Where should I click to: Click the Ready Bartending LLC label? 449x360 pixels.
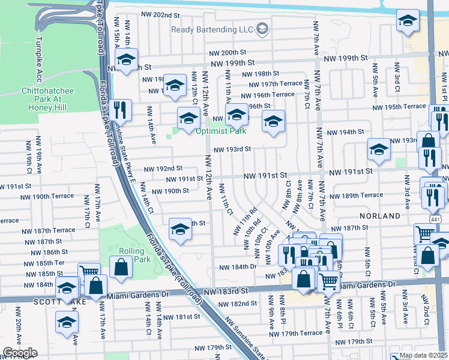tap(213, 29)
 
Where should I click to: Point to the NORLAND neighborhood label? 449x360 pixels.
tap(380, 215)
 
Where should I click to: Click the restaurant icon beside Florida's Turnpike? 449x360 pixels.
tap(122, 110)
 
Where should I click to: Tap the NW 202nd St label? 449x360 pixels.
tap(160, 14)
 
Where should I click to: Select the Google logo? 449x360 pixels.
tap(19, 353)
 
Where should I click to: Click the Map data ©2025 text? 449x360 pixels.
tap(423, 355)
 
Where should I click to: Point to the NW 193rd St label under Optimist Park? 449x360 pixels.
tap(231, 149)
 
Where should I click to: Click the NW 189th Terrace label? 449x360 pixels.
tap(370, 195)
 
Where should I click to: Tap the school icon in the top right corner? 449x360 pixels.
tap(408, 23)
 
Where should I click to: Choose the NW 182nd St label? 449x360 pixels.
tap(238, 304)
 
